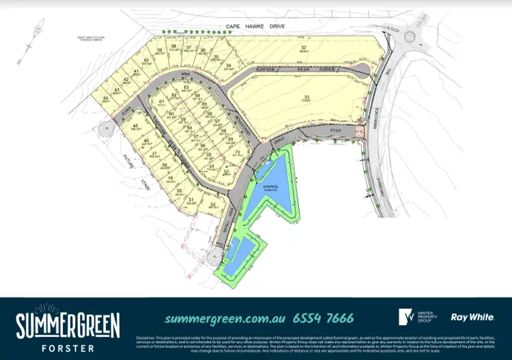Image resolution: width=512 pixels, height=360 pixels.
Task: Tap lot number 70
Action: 237,152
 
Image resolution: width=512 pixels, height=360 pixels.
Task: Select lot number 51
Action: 192,200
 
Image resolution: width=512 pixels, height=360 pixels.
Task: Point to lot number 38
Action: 173,46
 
